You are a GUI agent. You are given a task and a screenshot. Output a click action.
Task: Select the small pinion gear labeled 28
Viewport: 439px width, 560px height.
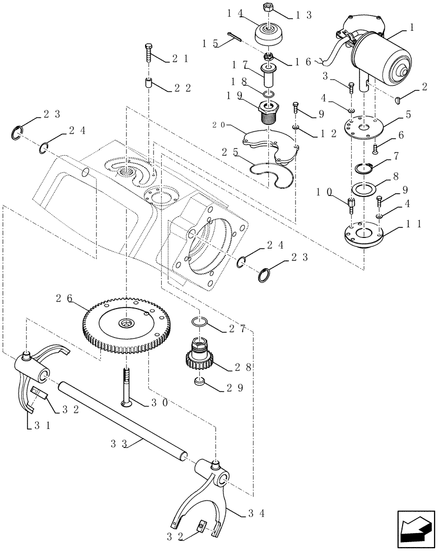(x=200, y=359)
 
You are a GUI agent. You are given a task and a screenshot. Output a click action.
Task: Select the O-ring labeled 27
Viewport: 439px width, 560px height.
(x=198, y=322)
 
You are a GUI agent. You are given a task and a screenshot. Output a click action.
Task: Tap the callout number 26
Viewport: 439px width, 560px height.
(x=64, y=298)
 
